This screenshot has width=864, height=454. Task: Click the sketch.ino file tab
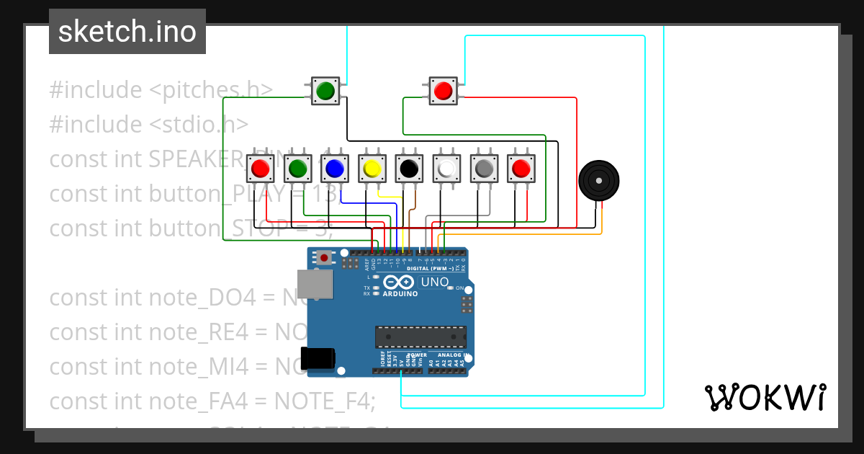coord(127,32)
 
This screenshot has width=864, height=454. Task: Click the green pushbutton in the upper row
coord(325,91)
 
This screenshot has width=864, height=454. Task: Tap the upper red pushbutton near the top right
coord(443,91)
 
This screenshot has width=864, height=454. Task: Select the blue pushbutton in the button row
coord(334,169)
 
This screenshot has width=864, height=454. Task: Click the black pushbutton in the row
coord(409,169)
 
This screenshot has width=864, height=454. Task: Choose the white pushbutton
coord(446,169)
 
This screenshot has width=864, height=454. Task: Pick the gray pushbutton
coord(484,169)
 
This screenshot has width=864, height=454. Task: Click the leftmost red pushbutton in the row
coord(259,169)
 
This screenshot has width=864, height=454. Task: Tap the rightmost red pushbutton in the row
coord(521,169)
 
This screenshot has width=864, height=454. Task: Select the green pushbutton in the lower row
coord(297,169)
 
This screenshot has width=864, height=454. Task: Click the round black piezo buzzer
coord(598,180)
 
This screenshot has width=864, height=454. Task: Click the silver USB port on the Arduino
coord(315,284)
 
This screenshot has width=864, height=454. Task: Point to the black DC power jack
coord(318,358)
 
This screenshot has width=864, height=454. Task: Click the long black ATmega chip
coord(420,337)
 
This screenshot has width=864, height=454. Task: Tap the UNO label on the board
coord(434,282)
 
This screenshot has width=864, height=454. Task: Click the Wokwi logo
coord(765,397)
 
